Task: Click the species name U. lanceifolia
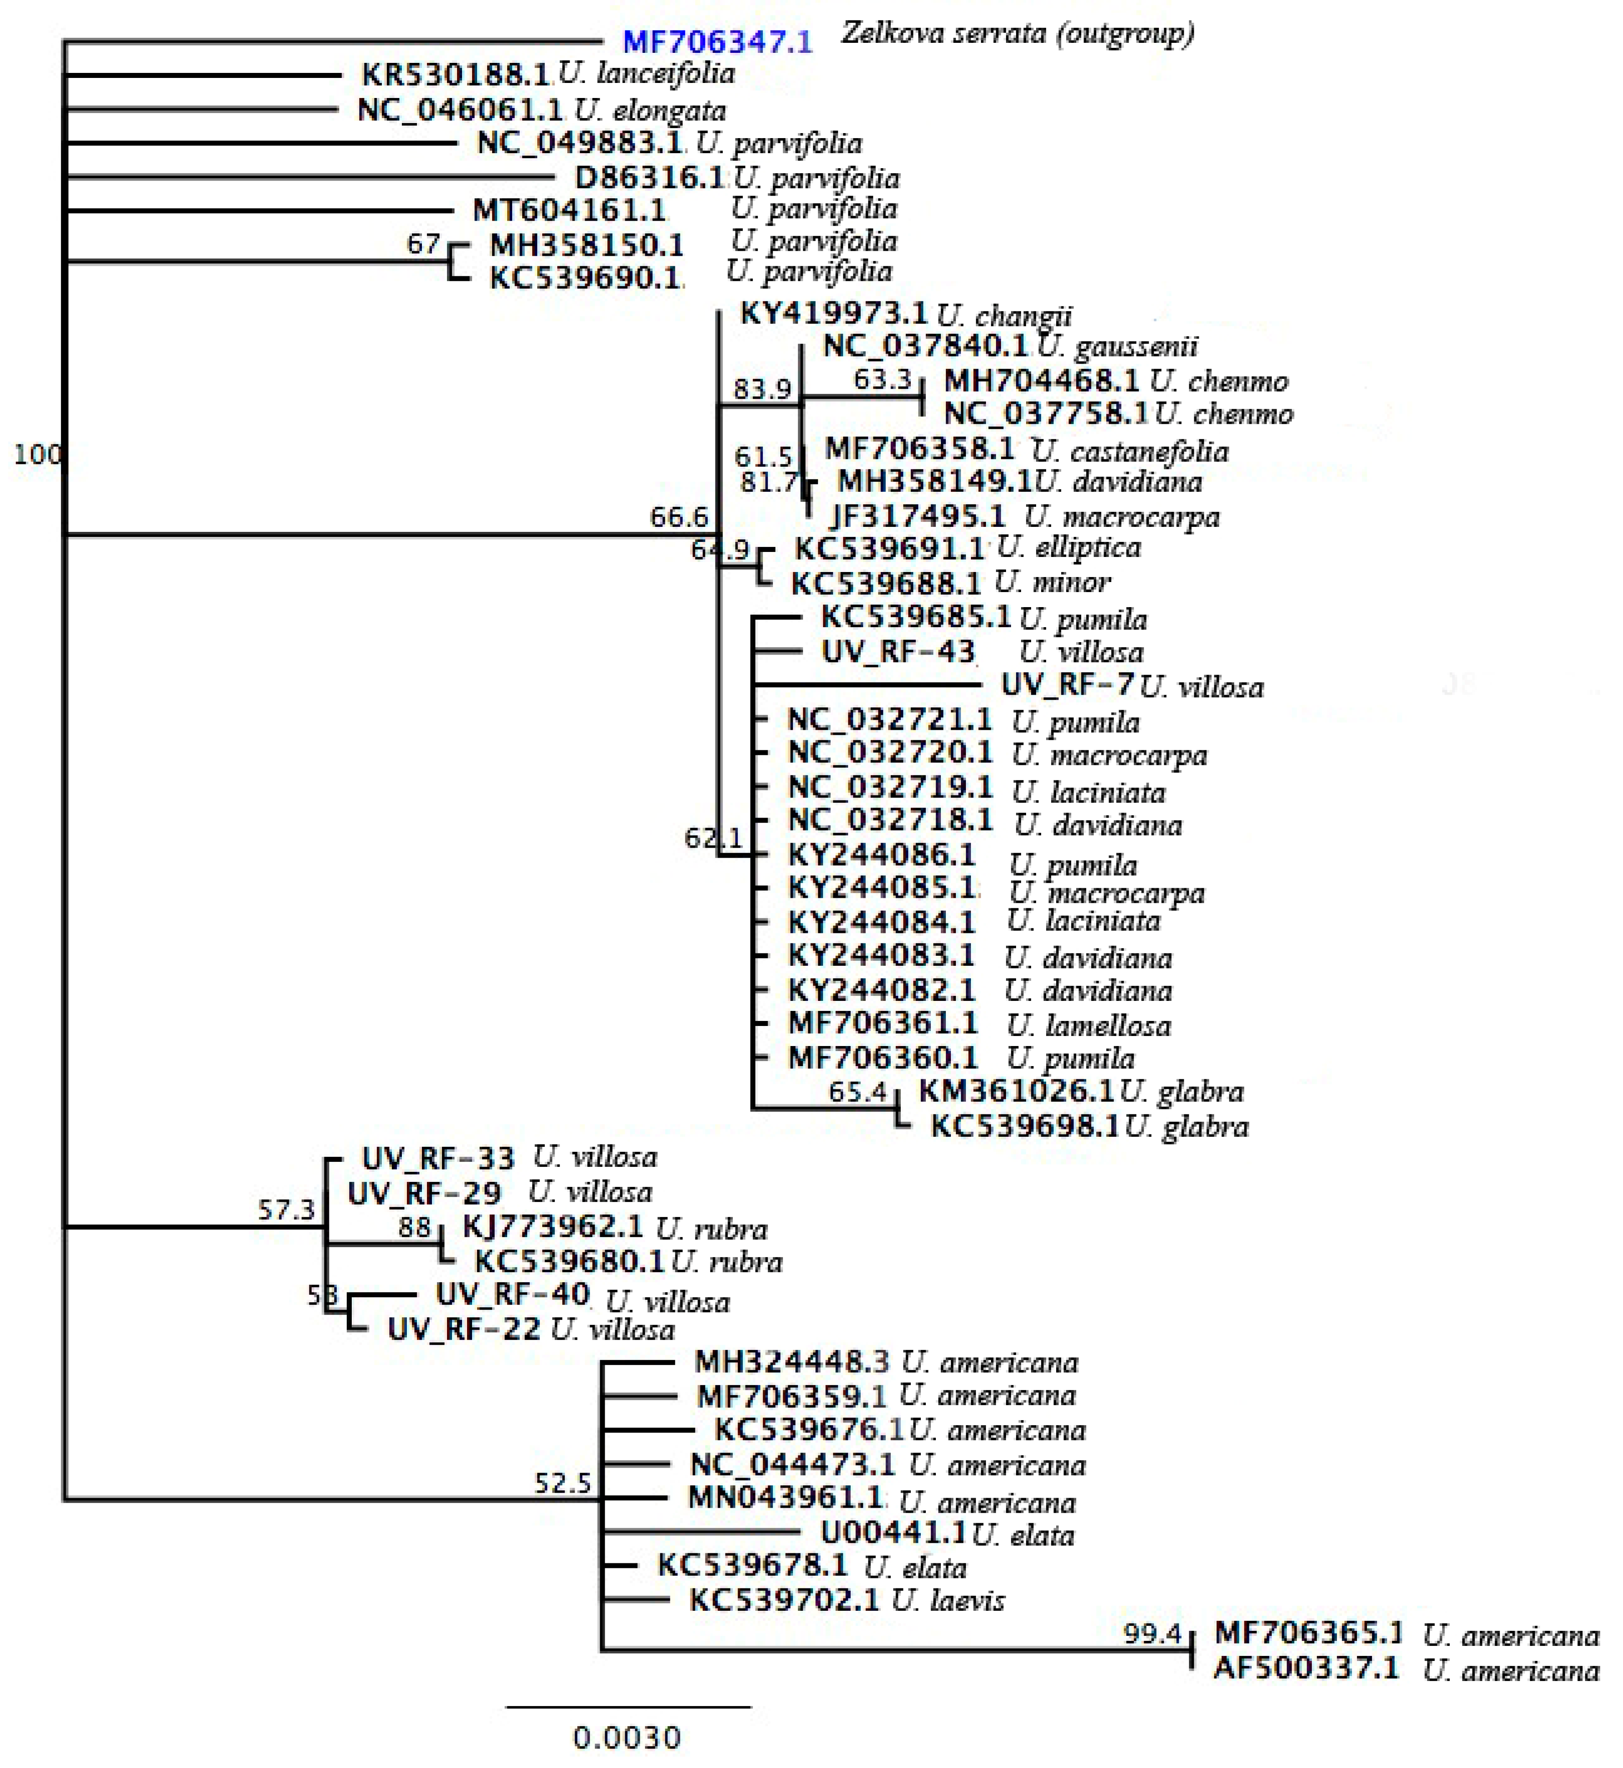point(647,73)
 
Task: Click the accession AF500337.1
point(1306,1668)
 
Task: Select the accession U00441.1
point(893,1533)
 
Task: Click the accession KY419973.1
point(833,314)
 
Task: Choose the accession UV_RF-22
point(464,1329)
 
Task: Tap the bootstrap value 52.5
point(563,1484)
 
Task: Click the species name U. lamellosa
point(1089,1025)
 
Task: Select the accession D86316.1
point(650,177)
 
